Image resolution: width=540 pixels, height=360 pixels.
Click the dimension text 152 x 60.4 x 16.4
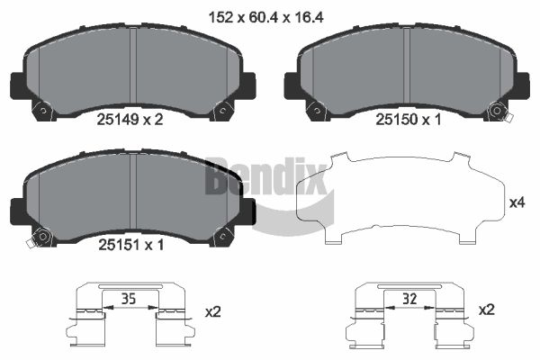pyautogui.click(x=266, y=17)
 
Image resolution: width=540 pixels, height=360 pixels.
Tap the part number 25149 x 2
pyautogui.click(x=130, y=120)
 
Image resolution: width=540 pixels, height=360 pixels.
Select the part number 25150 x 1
pyautogui.click(x=408, y=120)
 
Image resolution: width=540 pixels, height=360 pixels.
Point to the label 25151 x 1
pyautogui.click(x=131, y=245)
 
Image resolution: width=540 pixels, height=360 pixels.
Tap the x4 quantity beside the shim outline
pyautogui.click(x=517, y=202)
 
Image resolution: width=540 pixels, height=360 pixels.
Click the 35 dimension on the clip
pyautogui.click(x=129, y=299)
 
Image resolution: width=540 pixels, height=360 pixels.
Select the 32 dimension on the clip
pyautogui.click(x=409, y=299)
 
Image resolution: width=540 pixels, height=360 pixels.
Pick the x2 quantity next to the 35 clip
pyautogui.click(x=212, y=312)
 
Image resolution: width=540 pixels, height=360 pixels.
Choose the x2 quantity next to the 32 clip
pyautogui.click(x=487, y=310)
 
